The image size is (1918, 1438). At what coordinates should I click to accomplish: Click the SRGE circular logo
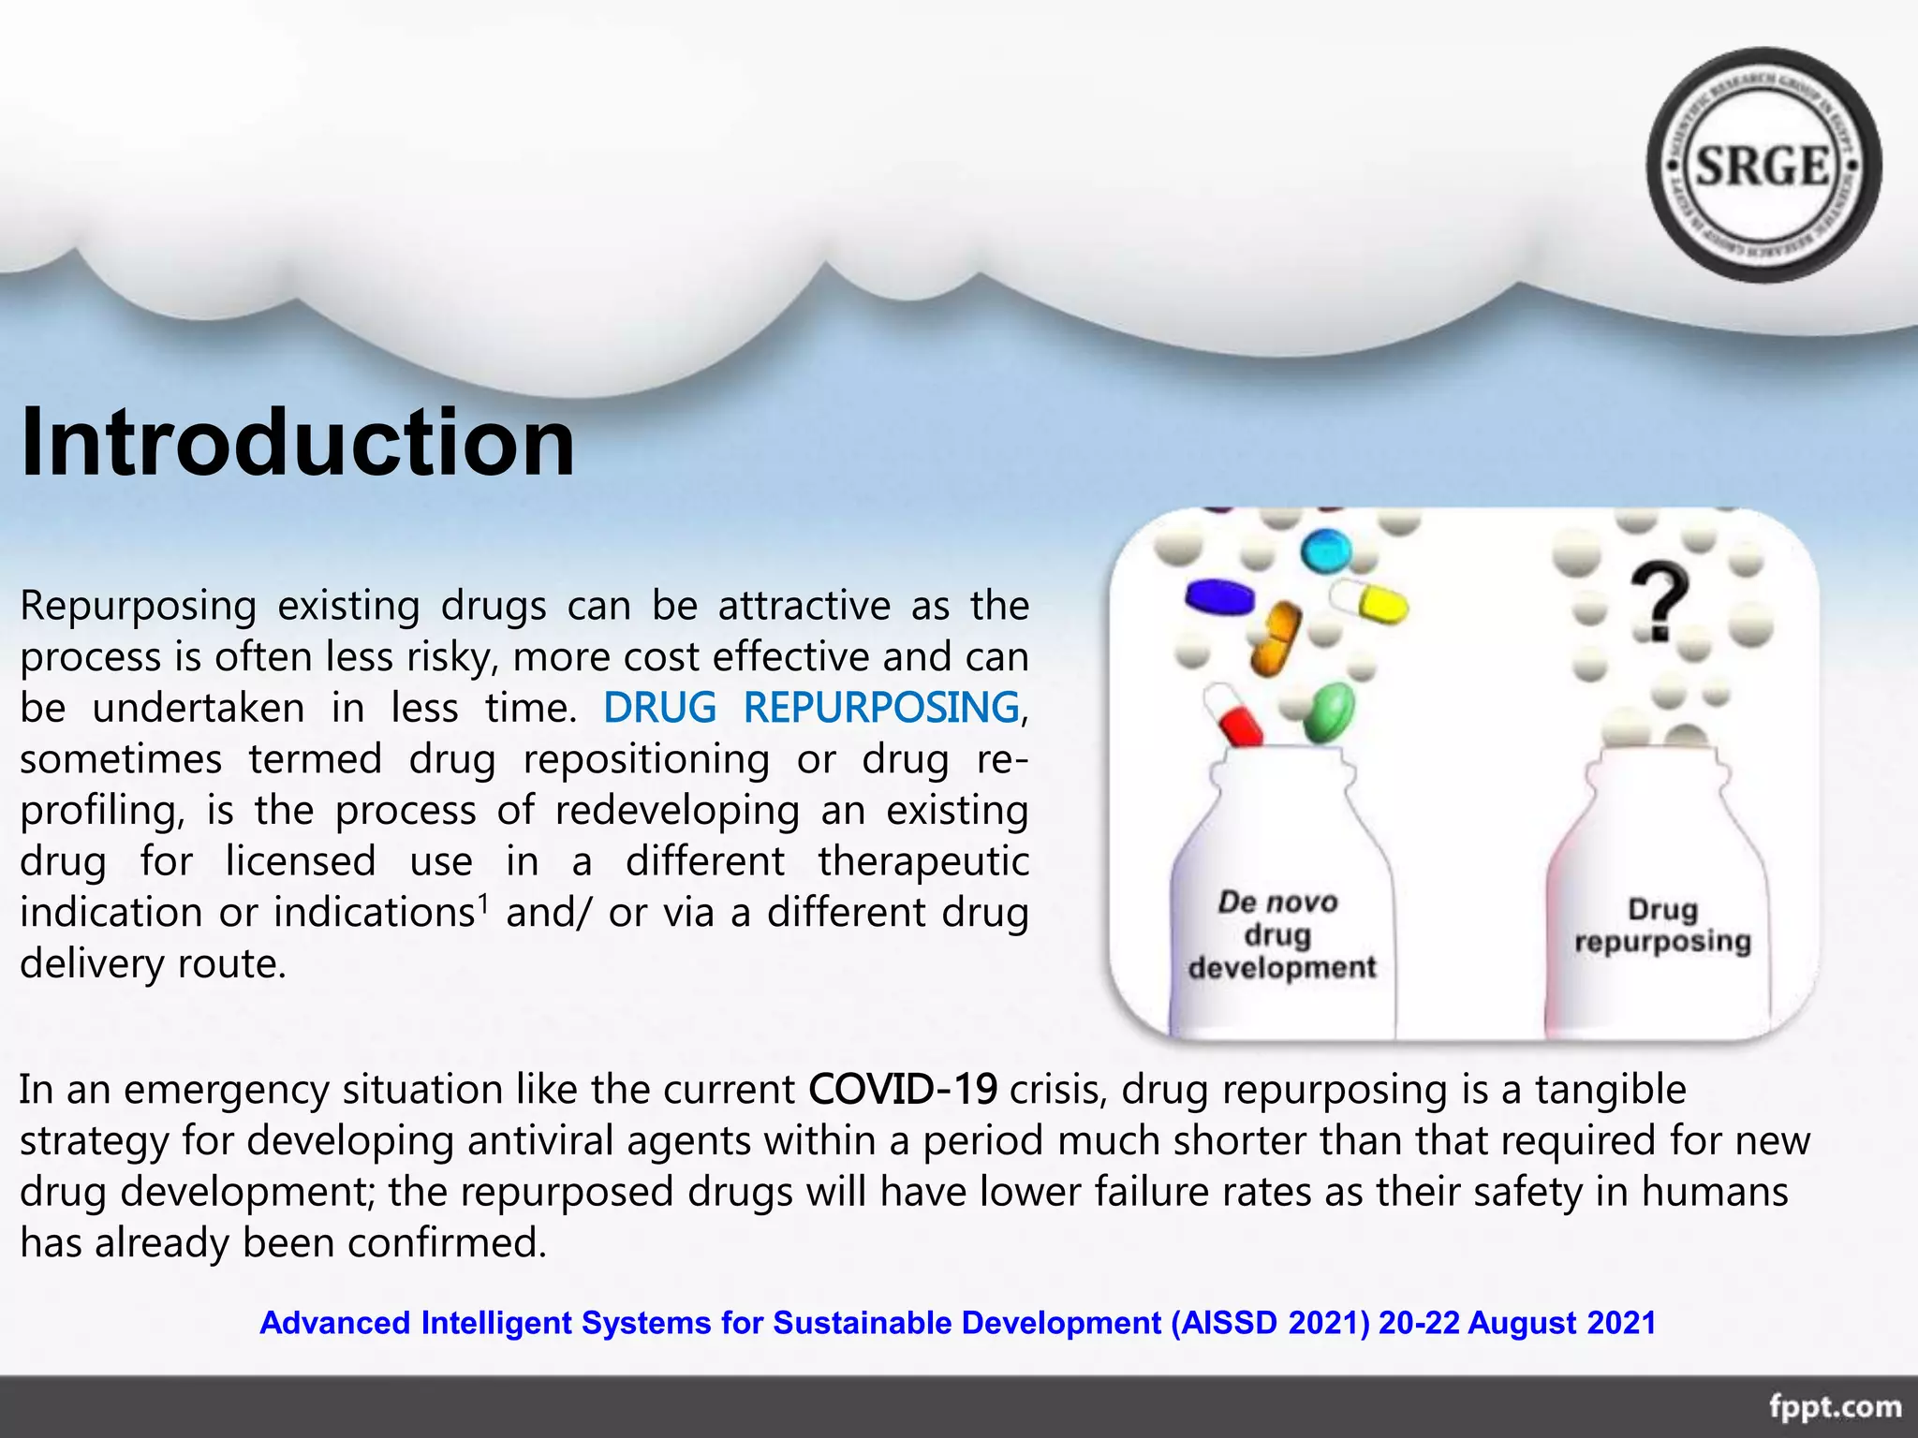(1763, 166)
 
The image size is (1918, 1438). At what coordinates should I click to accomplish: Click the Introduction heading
(297, 442)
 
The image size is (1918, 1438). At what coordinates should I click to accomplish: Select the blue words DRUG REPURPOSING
(811, 708)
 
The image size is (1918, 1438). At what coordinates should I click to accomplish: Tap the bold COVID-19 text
(903, 1090)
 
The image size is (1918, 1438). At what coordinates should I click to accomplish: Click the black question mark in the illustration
(1659, 603)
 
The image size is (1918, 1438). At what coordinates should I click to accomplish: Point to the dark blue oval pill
(1218, 597)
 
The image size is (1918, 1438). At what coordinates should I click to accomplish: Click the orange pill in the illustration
(1276, 639)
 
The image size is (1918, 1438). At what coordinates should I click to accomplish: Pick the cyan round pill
(1326, 551)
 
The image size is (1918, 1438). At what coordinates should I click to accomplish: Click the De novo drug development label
(1281, 935)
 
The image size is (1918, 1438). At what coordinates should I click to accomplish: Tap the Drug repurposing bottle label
(1662, 925)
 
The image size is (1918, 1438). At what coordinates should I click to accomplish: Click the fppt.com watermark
(1834, 1407)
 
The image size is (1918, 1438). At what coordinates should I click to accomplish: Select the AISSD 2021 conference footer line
(957, 1323)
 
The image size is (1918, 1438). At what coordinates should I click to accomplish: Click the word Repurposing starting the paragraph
(138, 607)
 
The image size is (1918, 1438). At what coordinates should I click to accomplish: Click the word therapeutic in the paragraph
(922, 861)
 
